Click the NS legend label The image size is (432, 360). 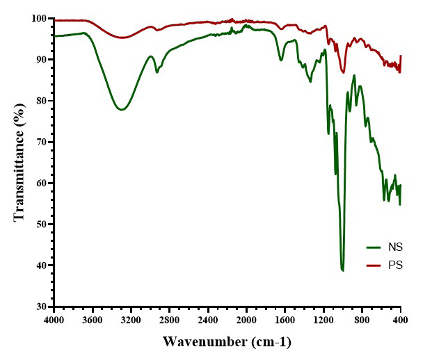[x=397, y=247]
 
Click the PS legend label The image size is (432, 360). [x=397, y=265]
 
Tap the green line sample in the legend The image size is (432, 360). [x=376, y=247]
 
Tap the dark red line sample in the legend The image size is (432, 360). [x=376, y=265]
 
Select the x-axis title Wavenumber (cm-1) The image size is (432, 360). [x=227, y=342]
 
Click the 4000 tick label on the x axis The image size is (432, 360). [x=54, y=319]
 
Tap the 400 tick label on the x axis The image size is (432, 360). [x=401, y=319]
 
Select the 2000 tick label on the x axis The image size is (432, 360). [x=246, y=319]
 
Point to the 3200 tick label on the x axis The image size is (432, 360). [x=131, y=319]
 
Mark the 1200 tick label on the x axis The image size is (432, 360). [x=323, y=319]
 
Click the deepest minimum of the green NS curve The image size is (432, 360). [x=343, y=270]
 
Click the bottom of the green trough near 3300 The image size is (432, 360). [x=122, y=110]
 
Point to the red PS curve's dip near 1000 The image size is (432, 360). [x=344, y=71]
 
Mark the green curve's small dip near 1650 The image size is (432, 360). [x=281, y=60]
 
